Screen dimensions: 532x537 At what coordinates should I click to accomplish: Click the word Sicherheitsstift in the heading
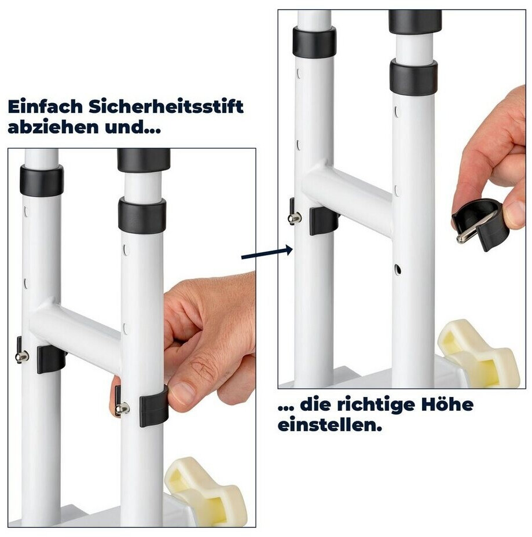coord(166,106)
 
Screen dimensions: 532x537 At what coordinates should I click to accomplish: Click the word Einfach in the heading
coord(45,106)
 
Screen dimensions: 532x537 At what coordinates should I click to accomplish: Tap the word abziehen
coord(53,127)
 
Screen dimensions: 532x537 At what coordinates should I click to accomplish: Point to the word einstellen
coord(329,425)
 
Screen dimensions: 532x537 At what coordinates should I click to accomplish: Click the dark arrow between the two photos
coord(267,253)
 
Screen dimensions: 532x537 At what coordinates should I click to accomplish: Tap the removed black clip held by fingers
coord(478,222)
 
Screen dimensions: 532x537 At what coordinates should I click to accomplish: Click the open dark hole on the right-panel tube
coord(397,270)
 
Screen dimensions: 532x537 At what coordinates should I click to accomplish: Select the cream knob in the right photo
coord(479,353)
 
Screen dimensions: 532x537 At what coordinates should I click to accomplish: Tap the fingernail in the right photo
coord(514,211)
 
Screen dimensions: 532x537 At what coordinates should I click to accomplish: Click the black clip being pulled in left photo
coord(153,406)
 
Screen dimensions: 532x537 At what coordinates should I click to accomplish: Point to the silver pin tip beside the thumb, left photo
coord(123,408)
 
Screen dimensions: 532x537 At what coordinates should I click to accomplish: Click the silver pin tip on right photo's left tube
coord(295,218)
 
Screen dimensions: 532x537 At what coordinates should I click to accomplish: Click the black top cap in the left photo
coord(144,160)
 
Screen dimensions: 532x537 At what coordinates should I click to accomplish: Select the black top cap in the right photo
coord(415,21)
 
